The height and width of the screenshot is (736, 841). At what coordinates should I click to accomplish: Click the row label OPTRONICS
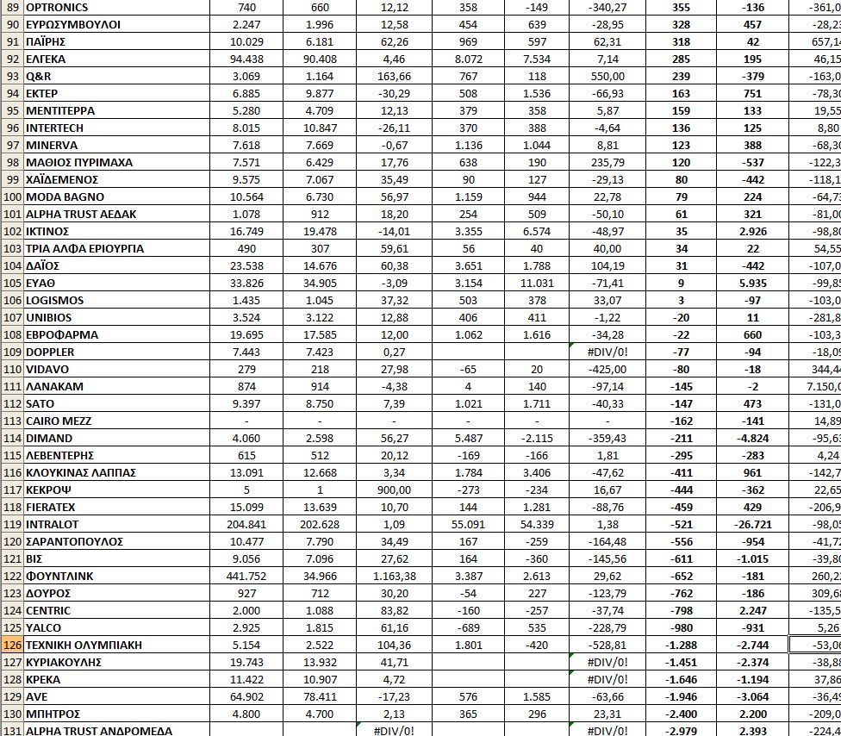[57, 7]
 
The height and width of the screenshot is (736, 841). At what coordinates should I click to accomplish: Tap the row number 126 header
[11, 645]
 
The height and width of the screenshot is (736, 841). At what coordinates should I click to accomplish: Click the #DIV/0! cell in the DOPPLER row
[607, 352]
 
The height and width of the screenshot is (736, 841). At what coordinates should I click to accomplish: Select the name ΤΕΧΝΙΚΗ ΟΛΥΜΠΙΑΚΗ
[84, 645]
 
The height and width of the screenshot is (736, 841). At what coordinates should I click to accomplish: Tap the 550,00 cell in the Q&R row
[607, 76]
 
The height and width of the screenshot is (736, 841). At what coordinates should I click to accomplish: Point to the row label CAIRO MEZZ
[59, 421]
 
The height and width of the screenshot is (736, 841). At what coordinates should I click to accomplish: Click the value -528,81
[607, 645]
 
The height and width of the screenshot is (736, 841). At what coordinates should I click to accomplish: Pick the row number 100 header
[11, 196]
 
